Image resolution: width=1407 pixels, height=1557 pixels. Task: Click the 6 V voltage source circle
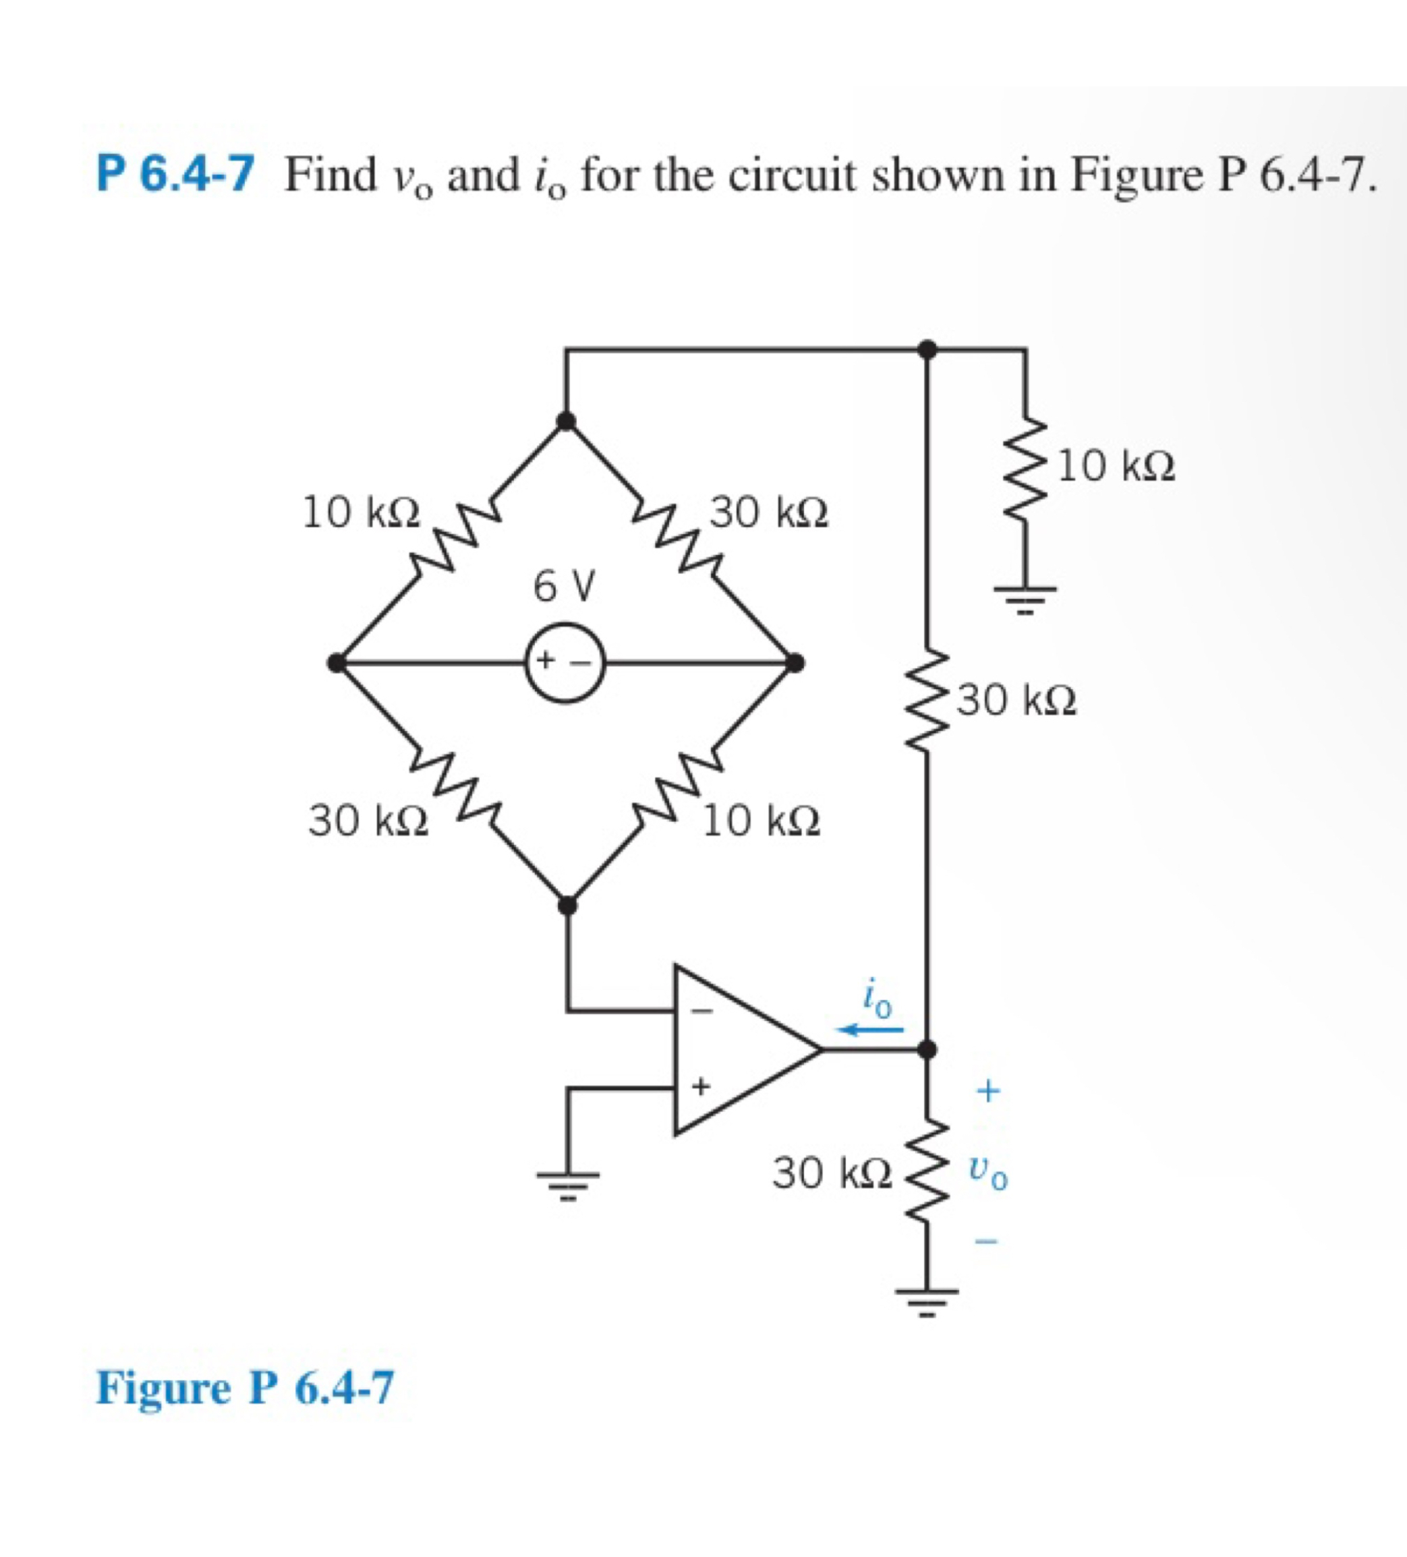coord(565,663)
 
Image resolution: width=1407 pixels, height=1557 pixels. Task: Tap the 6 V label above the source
coord(565,585)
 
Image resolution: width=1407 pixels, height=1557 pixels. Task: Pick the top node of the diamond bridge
coord(567,421)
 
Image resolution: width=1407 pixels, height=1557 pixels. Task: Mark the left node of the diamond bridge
coord(336,663)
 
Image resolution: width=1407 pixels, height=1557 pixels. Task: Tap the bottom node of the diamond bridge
coord(567,904)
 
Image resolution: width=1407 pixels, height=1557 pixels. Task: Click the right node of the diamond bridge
coord(795,663)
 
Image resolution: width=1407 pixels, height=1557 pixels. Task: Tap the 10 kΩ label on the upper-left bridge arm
coord(361,513)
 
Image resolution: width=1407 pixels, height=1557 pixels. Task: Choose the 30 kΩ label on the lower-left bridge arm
coord(368,820)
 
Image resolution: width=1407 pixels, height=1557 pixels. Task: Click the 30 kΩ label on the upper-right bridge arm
coord(770,513)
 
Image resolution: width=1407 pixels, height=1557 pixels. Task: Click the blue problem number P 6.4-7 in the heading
coord(175,175)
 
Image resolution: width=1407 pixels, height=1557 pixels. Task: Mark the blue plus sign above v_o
coord(988,1091)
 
